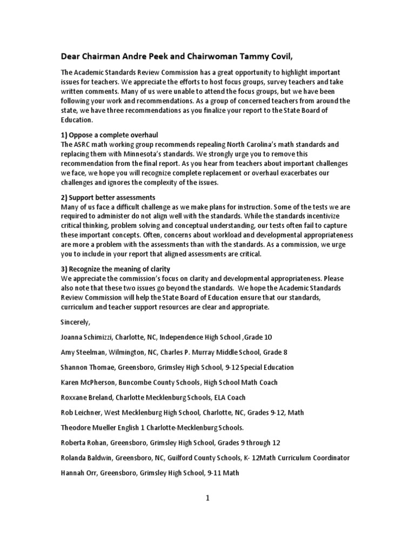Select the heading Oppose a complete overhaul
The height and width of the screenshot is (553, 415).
(113, 134)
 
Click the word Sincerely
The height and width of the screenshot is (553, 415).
(76, 322)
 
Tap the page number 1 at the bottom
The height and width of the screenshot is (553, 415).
(207, 498)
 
